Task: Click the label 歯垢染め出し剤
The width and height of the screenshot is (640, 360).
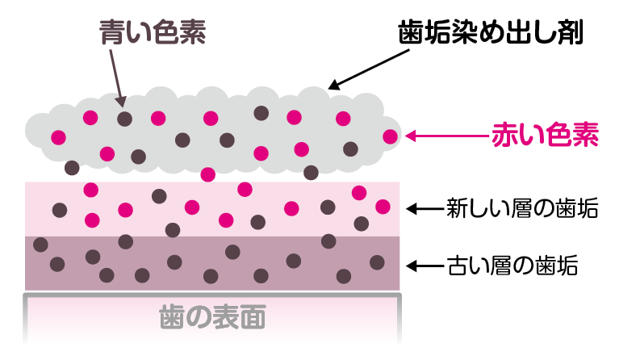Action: [x=490, y=33]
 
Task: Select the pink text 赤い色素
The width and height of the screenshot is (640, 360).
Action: [x=545, y=136]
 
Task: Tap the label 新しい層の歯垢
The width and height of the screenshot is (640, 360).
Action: [x=522, y=209]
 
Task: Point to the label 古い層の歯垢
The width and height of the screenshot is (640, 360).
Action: [x=512, y=265]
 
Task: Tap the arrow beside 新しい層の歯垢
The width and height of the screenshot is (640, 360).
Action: [x=424, y=209]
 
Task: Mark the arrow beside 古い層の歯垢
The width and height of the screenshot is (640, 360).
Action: [x=424, y=265]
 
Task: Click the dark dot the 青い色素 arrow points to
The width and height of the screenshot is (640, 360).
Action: [x=124, y=119]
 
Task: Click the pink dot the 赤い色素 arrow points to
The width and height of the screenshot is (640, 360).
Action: [x=391, y=136]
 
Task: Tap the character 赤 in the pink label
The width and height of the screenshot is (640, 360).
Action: [x=505, y=136]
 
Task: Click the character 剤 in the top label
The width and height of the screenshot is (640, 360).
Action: [x=569, y=33]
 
